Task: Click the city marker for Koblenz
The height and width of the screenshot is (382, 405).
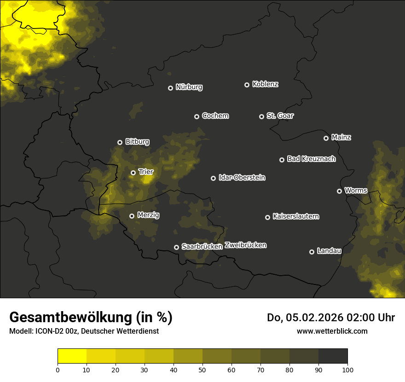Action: [x=247, y=85]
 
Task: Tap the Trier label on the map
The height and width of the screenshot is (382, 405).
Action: [x=146, y=172]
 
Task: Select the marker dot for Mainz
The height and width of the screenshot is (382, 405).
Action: [x=326, y=138]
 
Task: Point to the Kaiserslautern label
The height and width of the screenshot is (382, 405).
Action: [x=295, y=216]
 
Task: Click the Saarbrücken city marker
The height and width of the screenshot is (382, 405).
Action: [x=176, y=247]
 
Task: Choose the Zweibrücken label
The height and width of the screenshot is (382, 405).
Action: [x=245, y=245]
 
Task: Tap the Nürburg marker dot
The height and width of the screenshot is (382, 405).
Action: [x=170, y=88]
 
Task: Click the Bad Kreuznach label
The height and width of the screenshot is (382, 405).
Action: [x=311, y=159]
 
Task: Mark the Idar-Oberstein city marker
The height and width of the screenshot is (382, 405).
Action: [x=213, y=178]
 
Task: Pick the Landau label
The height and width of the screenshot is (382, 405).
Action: [x=329, y=251]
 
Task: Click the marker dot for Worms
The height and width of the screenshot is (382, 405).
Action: [x=339, y=191]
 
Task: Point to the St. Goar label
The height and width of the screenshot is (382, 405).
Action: [x=280, y=116]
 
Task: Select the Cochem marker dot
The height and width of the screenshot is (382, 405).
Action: [x=197, y=116]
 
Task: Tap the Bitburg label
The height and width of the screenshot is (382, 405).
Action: [x=137, y=142]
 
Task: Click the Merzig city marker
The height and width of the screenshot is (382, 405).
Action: [x=132, y=216]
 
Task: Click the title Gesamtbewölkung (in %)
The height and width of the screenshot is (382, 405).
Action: [x=91, y=317]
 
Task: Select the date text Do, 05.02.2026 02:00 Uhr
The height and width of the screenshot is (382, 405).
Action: [x=330, y=318]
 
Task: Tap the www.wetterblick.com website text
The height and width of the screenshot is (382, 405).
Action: [x=332, y=331]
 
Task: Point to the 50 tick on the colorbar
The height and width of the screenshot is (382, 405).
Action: [x=202, y=370]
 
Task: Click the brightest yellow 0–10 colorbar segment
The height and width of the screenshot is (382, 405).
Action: [x=72, y=356]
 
